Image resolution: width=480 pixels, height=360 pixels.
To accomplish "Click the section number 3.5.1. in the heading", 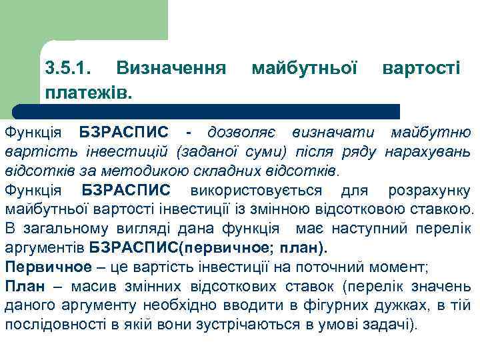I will point(71,67).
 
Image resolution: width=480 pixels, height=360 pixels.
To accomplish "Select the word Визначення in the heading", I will point(169,67).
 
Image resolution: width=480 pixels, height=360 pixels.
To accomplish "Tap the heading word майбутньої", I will point(305,67).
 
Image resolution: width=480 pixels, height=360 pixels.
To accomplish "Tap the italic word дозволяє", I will point(241,132).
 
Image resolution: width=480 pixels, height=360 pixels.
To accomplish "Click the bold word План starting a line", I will point(25,287).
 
